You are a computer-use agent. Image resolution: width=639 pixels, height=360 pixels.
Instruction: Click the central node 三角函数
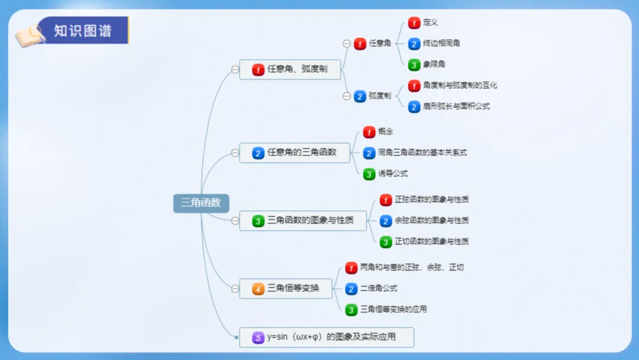201,202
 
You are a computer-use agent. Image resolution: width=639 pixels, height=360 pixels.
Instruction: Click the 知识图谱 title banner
83,30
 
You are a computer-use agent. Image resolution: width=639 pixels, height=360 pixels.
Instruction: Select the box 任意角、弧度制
290,69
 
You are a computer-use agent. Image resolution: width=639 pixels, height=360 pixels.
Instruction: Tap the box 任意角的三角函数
294,153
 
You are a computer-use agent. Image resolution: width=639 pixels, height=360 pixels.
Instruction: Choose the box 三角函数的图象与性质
302,221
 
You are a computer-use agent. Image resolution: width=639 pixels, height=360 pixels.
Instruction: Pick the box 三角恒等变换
285,288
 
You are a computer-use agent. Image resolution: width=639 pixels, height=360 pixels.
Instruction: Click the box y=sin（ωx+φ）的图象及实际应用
326,337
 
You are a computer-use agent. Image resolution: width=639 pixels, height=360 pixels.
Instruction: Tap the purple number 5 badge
258,337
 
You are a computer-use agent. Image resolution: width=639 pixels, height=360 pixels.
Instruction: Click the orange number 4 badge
258,289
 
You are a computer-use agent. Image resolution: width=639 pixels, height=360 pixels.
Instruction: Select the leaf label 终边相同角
441,43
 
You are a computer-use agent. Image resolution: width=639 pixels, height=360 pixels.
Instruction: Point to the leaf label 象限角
434,65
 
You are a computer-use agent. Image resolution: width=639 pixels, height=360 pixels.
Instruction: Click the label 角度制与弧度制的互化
460,85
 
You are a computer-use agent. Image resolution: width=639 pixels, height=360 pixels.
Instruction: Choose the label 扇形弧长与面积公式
456,107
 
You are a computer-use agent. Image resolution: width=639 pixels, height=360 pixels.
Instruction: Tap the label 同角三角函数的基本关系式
422,153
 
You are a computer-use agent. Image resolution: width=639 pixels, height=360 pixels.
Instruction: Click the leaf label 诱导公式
393,173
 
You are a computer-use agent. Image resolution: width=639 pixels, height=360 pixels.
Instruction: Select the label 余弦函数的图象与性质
432,220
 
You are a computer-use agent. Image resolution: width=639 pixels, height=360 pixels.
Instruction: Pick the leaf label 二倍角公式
379,288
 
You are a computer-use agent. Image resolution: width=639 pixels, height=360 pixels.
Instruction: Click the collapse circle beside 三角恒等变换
235,289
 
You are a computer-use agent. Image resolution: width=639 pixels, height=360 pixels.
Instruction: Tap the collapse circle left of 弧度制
347,96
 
